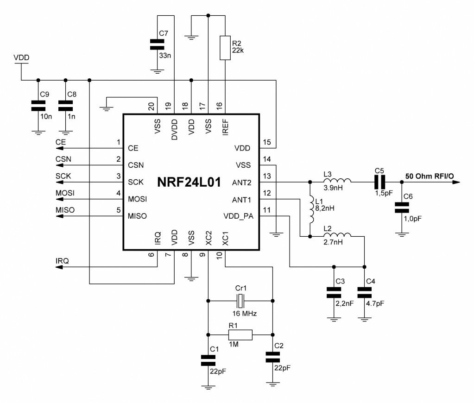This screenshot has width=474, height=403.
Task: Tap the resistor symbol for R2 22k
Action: [x=225, y=47]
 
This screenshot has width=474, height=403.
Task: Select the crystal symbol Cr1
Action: [x=240, y=301]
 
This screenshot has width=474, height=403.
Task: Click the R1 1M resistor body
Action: [x=240, y=334]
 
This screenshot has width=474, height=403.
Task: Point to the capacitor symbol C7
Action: [x=158, y=44]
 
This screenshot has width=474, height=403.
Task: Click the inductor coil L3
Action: [x=337, y=182]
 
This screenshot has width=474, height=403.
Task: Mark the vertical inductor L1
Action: [x=309, y=209]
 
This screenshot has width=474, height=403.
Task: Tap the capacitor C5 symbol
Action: [x=380, y=182]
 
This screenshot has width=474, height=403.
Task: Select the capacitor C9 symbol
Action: [x=35, y=106]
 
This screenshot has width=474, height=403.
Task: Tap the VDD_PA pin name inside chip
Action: [x=238, y=216]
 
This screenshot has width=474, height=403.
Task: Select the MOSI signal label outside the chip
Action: [x=65, y=193]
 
